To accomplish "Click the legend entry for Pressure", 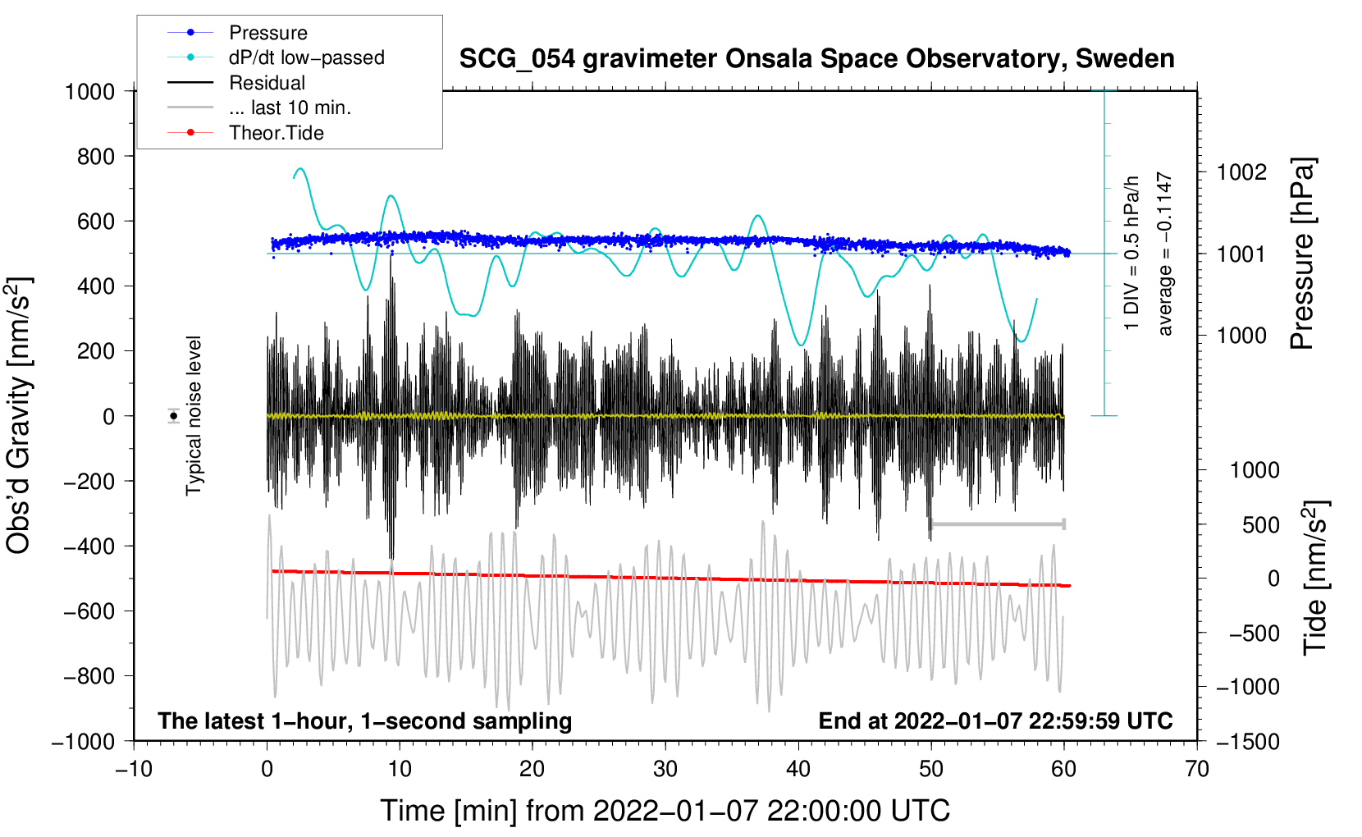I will tap(267, 33).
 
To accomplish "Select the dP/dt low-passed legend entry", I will tap(306, 57).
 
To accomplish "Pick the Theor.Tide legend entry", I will tap(276, 133).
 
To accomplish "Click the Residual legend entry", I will tap(267, 83).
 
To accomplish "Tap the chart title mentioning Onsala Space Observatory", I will tap(816, 59).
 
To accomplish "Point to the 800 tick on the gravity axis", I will tap(96, 156).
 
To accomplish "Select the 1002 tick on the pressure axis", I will tap(1241, 172).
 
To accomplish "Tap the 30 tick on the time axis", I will tap(665, 769).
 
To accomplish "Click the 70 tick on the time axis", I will tap(1197, 769).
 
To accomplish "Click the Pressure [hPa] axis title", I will tap(1303, 254).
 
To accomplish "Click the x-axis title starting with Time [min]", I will tap(665, 811).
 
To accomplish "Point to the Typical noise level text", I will tap(194, 416).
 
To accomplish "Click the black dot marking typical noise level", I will tap(173, 416).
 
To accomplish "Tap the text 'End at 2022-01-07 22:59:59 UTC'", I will tap(995, 720).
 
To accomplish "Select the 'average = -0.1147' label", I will tap(1165, 254).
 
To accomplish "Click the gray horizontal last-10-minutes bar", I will tap(998, 524).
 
